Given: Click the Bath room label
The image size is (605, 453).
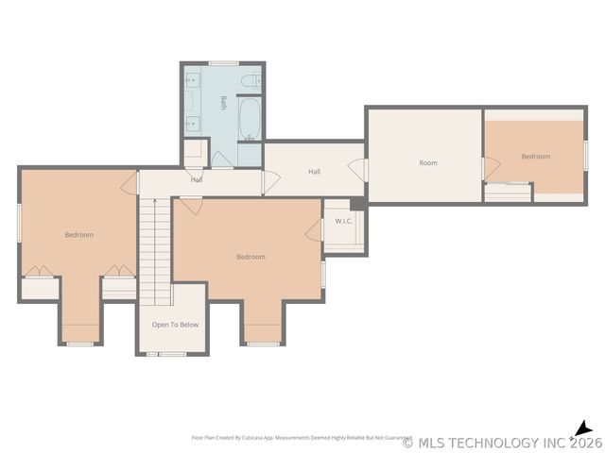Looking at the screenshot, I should click(223, 102).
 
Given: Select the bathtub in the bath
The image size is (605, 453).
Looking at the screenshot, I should click(250, 119).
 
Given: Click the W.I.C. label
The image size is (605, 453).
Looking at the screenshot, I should click(343, 222).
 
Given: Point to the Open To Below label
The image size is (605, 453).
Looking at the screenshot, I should click(175, 325).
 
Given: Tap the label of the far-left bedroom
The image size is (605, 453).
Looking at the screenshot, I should click(78, 234).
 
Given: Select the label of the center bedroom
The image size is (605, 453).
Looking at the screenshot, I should click(251, 257).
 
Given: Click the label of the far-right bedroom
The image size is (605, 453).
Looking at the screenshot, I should click(535, 157).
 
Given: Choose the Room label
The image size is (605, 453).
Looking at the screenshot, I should click(428, 163).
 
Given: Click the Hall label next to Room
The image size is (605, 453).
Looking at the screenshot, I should click(315, 172).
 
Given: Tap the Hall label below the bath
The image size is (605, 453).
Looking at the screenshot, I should click(197, 179).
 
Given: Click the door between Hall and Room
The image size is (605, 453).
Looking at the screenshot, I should click(358, 170).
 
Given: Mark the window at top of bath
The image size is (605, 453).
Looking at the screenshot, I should click(223, 63).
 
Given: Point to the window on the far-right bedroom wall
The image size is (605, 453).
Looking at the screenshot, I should click(585, 155).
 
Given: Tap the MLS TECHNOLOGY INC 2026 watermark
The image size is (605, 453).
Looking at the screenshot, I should click(501, 442).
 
